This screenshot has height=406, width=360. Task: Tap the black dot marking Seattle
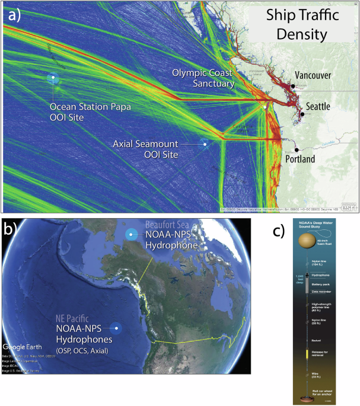coord(302,114)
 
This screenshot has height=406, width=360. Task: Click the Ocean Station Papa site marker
coord(53,78)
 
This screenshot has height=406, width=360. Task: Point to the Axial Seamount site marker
coord(204,143)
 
